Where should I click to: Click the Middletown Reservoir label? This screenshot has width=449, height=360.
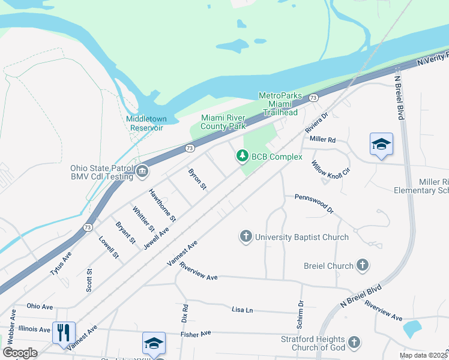[145, 123]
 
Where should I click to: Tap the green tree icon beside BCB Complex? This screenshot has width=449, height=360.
[243, 156]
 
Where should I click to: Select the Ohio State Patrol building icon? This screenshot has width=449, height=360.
[142, 172]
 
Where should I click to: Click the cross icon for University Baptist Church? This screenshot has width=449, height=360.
[246, 236]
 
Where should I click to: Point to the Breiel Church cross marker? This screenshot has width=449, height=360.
[363, 265]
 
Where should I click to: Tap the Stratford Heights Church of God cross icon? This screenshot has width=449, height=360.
[354, 342]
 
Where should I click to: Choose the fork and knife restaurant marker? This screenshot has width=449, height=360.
[64, 332]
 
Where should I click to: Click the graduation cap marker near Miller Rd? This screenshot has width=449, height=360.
[381, 144]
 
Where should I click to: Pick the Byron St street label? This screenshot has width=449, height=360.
[197, 179]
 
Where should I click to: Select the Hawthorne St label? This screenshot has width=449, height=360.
[162, 205]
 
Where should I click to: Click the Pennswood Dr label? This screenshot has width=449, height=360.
[313, 204]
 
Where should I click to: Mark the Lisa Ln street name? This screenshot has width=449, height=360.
[242, 310]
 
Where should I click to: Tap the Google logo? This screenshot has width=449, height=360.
[20, 352]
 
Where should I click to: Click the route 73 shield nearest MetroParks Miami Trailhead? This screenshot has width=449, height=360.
[313, 97]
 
